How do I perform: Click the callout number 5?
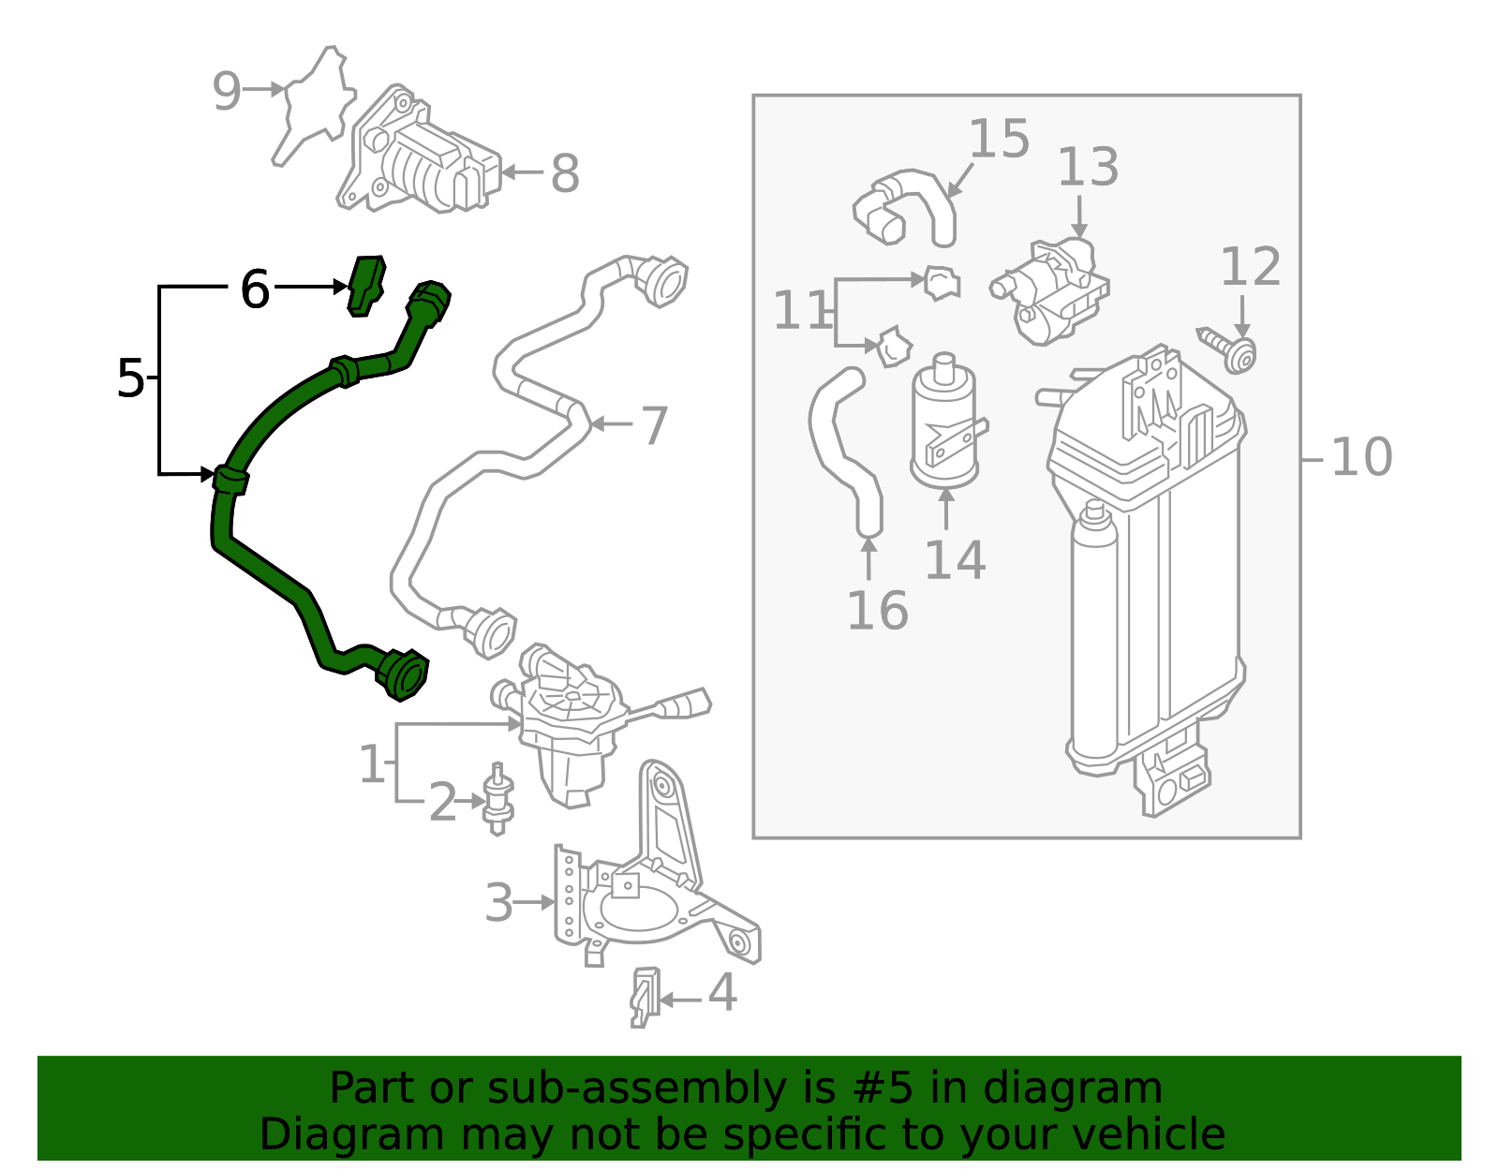[x=130, y=378]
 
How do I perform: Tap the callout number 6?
[x=254, y=289]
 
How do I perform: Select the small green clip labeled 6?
[x=366, y=284]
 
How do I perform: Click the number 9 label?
[x=226, y=91]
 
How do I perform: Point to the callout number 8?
[x=564, y=173]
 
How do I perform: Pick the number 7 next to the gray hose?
[x=653, y=425]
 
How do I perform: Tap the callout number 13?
[x=1088, y=167]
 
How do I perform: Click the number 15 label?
[x=999, y=139]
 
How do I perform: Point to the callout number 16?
[x=877, y=610]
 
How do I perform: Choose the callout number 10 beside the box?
[x=1360, y=457]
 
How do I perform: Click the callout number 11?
[x=800, y=310]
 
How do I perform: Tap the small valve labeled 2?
[x=497, y=798]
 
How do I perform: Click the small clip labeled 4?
[x=644, y=997]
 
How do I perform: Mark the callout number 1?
[x=372, y=763]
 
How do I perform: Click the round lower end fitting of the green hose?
[x=405, y=674]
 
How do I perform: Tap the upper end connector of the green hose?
[x=429, y=301]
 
